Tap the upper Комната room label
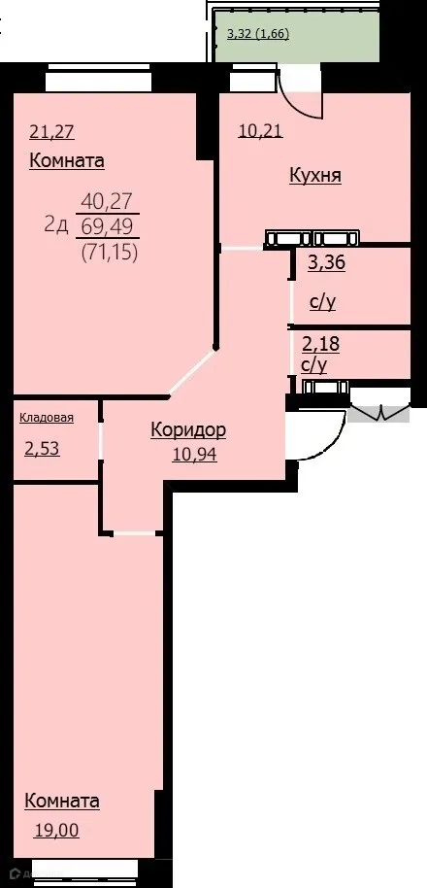[67, 161]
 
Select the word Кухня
[315, 176]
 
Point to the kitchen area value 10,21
[260, 131]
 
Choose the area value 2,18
[321, 343]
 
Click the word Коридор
[188, 429]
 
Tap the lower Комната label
[62, 802]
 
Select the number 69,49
[108, 227]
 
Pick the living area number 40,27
[108, 202]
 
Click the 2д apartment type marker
[55, 225]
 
